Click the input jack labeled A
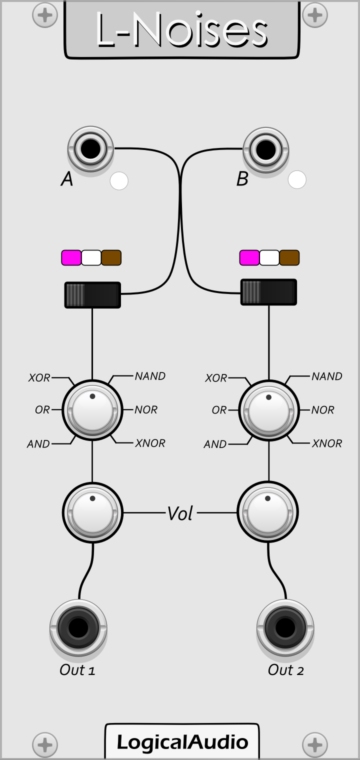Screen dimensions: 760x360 tap(90, 149)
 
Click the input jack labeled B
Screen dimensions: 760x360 tap(265, 149)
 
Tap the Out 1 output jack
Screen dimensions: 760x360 tap(78, 627)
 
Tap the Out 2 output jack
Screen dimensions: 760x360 tap(285, 627)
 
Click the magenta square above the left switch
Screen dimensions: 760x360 tap(71, 257)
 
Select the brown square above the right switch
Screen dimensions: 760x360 tap(289, 257)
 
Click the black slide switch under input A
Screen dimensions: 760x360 tap(92, 294)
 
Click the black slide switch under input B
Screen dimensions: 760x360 tap(268, 292)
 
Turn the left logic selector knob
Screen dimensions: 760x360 tap(92, 410)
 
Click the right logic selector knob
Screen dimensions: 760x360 tap(269, 410)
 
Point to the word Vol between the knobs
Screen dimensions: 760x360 tap(179, 513)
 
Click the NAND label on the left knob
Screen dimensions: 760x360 tap(150, 376)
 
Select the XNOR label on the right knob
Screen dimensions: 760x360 tap(327, 443)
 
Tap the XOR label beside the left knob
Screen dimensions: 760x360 tap(39, 378)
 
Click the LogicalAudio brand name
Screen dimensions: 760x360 tap(182, 742)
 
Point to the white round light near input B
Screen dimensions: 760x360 tap(297, 180)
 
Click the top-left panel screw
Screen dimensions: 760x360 tap(44, 15)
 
